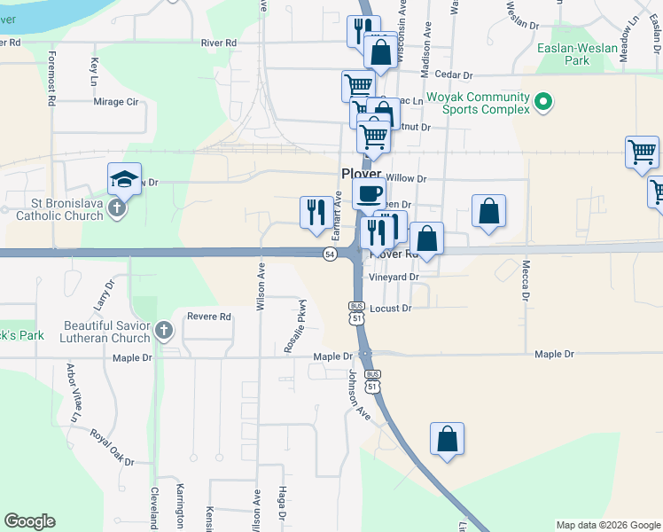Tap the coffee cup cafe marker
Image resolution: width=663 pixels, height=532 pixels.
pos(369,192)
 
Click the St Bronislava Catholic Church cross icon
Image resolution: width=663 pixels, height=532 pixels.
pos(116,209)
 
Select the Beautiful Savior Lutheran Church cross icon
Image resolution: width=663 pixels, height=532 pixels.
pos(163,332)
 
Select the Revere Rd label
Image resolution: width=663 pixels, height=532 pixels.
pos(208,317)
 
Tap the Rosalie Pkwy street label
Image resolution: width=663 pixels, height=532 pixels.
pos(295,326)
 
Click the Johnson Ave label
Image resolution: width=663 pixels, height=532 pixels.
pos(359,395)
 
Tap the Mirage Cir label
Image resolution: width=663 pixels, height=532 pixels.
pos(116,102)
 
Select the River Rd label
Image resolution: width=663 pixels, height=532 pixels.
pos(219,43)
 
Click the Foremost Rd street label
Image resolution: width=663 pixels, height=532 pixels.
pos(51,78)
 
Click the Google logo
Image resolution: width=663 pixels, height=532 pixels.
pos(29,521)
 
